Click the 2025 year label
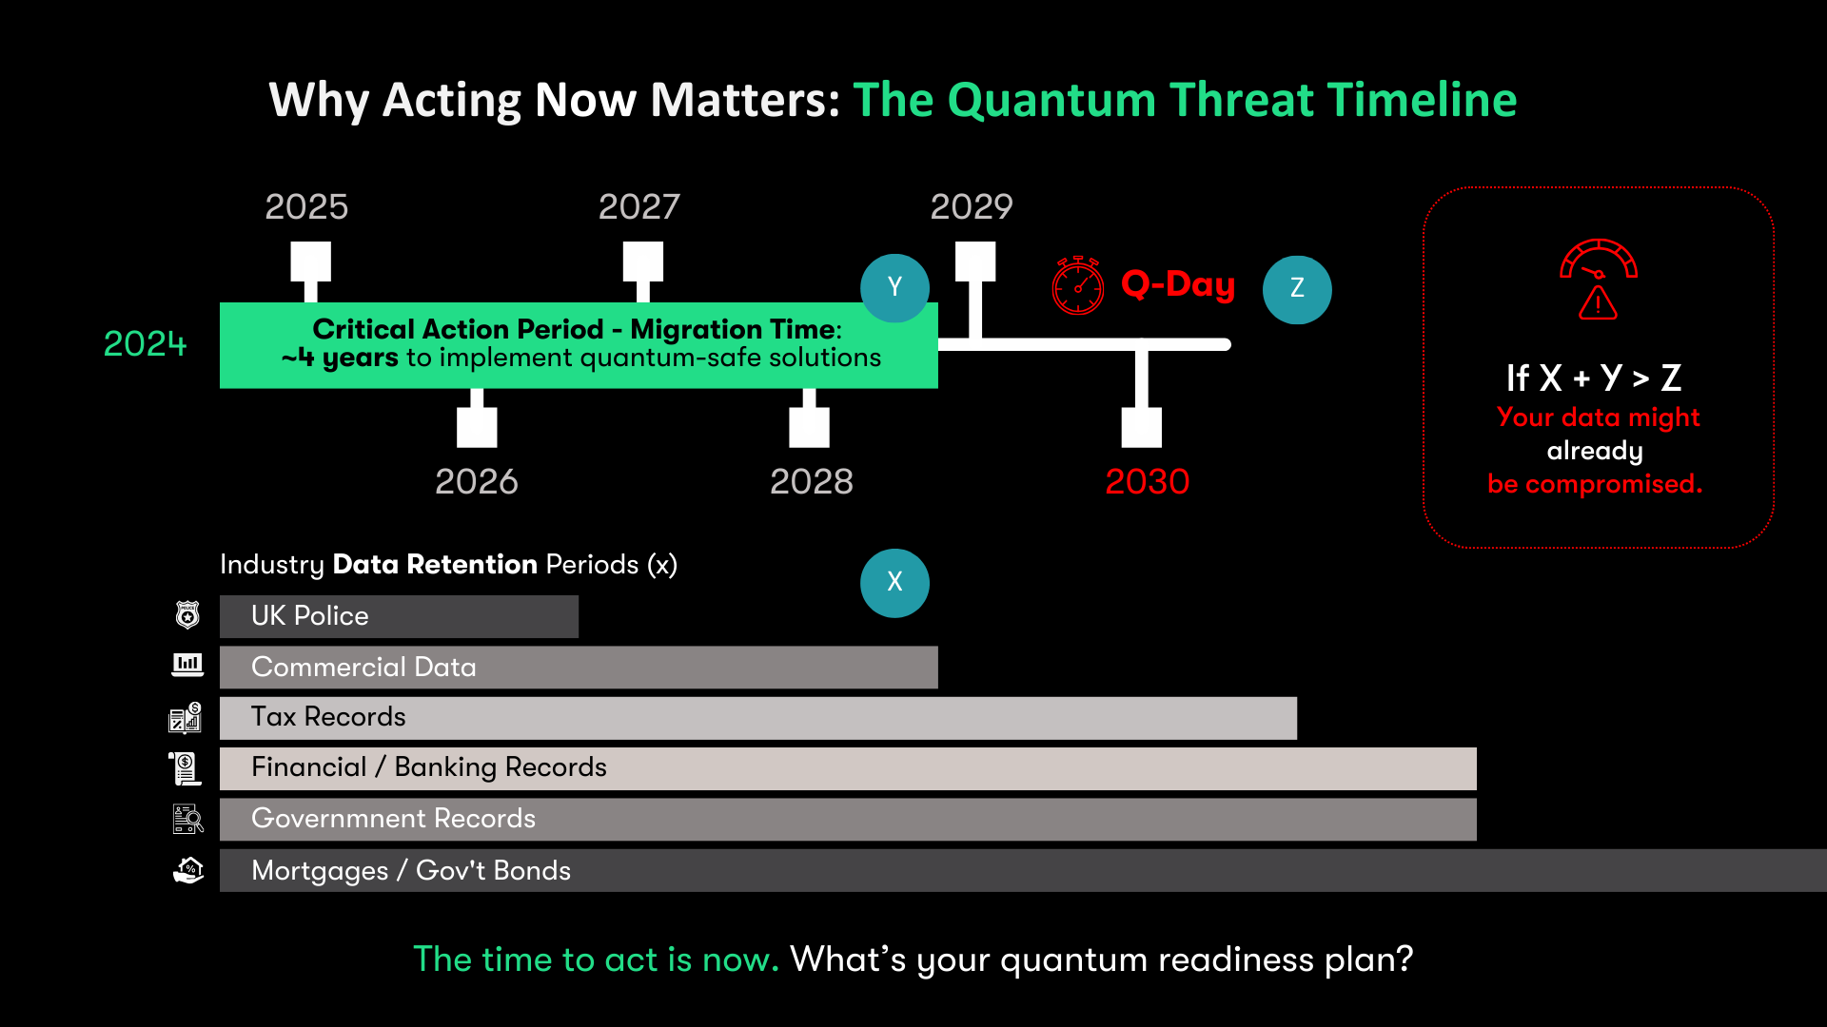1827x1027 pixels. [x=306, y=206]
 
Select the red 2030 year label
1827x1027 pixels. [x=1148, y=481]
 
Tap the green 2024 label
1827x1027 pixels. [x=146, y=343]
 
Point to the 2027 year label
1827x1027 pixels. [x=639, y=206]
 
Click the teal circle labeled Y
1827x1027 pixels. [x=894, y=288]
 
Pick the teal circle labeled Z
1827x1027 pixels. [x=1297, y=289]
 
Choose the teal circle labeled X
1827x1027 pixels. [x=894, y=583]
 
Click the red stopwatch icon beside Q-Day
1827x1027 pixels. [x=1078, y=284]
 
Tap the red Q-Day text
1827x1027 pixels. [x=1178, y=283]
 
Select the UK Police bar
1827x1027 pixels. [x=399, y=616]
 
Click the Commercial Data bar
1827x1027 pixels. [x=579, y=667]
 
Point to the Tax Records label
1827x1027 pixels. [x=328, y=716]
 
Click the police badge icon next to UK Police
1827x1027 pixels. [x=187, y=615]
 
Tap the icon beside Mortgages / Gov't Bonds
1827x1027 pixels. [x=188, y=870]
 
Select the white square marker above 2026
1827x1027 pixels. [x=477, y=427]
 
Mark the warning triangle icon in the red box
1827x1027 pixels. [x=1599, y=303]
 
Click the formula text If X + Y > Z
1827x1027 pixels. [x=1594, y=378]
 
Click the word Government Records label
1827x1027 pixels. [x=393, y=818]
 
